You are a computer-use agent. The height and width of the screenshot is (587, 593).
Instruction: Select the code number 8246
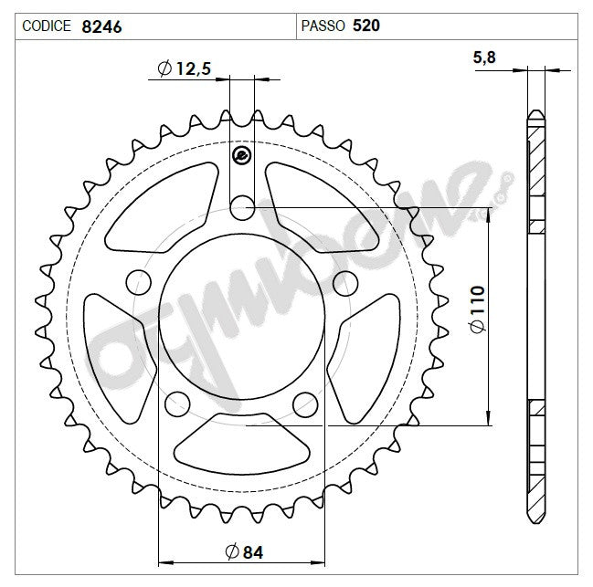pyautogui.click(x=101, y=26)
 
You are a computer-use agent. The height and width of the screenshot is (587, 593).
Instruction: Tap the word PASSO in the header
pyautogui.click(x=322, y=26)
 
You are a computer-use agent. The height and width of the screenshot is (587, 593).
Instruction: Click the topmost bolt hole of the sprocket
pyautogui.click(x=242, y=208)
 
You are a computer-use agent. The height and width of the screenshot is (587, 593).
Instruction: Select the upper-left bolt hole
pyautogui.click(x=138, y=279)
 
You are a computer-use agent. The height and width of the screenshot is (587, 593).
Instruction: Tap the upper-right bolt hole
pyautogui.click(x=344, y=279)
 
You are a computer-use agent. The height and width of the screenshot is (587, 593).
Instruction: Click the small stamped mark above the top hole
pyautogui.click(x=242, y=156)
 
